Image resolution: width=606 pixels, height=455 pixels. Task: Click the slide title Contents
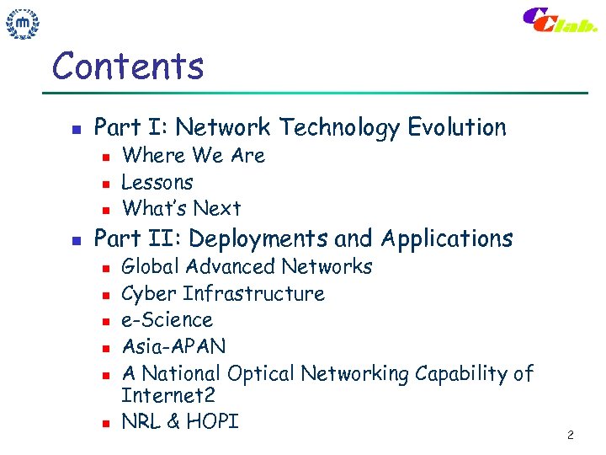pos(128,66)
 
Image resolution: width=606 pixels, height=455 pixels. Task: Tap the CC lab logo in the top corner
pos(559,20)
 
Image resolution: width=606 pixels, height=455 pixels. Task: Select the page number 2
pos(570,435)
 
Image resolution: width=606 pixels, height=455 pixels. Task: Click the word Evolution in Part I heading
pos(457,127)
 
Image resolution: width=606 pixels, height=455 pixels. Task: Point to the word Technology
pos(339,127)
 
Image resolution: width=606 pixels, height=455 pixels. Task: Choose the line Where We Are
pos(193,156)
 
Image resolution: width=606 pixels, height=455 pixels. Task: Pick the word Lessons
pos(157,182)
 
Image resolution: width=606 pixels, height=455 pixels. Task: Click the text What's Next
pos(181,208)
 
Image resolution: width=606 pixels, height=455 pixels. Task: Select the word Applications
pos(446,239)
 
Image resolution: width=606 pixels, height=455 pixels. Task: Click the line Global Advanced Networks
pos(247,267)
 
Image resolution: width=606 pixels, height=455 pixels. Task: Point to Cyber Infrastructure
pos(223,294)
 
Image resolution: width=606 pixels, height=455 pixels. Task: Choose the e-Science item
pos(167,320)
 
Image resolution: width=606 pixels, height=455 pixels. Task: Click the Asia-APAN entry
pos(173,346)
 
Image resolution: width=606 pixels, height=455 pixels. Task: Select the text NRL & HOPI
pos(180,421)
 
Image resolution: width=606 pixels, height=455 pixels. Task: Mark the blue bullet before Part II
pos(76,241)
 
